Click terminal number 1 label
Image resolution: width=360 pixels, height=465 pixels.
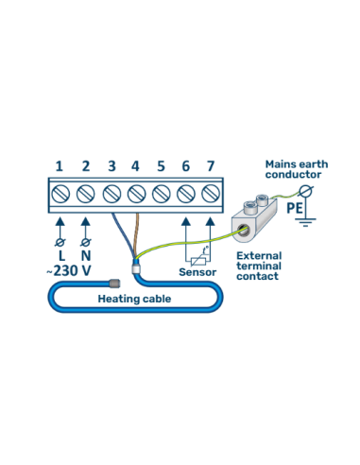(60, 166)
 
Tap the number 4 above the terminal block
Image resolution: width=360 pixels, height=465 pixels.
(135, 166)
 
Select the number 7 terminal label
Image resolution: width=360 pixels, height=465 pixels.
(210, 166)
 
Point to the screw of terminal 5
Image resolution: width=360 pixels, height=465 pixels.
(160, 195)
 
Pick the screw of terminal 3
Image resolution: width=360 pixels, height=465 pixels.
(111, 195)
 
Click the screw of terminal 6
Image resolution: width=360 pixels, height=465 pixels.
(184, 195)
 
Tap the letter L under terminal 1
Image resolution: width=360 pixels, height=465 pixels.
(60, 255)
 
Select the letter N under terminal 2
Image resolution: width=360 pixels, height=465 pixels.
(86, 255)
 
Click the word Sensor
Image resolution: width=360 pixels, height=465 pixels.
(197, 272)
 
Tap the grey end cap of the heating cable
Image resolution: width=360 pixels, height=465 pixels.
(111, 282)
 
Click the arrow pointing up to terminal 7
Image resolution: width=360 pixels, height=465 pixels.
(210, 227)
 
